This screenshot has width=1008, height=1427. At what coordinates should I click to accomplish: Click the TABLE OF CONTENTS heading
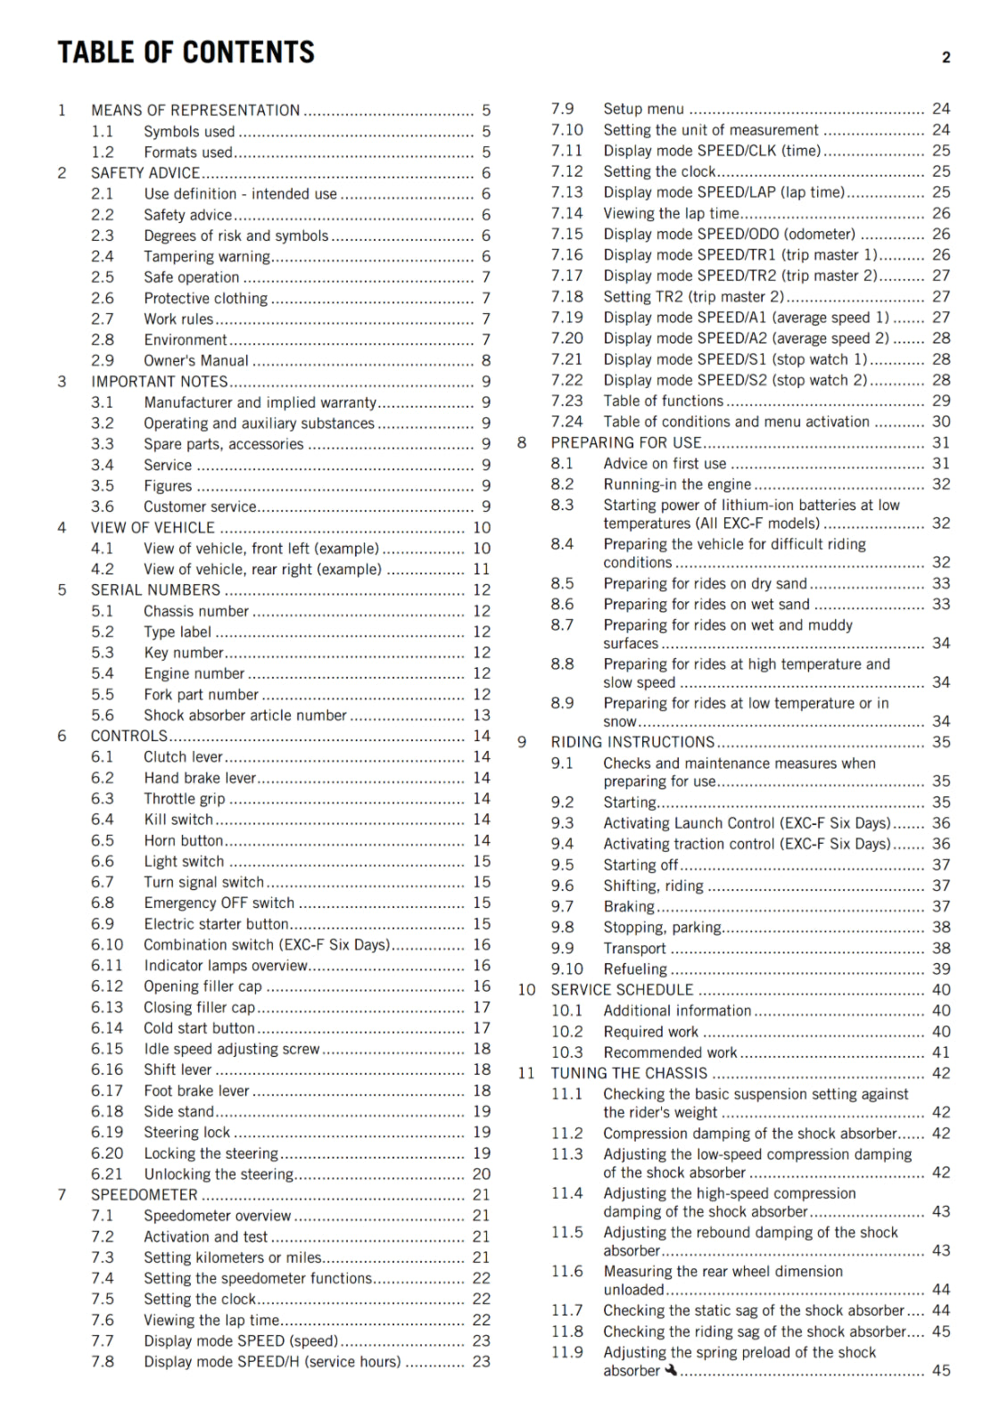[186, 53]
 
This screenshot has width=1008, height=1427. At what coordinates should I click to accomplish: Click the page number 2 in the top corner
[946, 58]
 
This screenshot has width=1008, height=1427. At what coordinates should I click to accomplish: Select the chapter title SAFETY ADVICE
[145, 173]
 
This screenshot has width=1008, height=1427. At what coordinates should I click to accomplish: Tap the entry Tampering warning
[207, 257]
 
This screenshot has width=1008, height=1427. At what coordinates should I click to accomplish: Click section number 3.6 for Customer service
[103, 507]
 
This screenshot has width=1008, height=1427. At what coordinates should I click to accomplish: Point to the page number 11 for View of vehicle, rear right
[482, 569]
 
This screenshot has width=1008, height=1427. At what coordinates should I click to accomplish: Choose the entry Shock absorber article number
[245, 715]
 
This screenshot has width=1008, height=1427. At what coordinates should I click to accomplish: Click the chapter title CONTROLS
[129, 736]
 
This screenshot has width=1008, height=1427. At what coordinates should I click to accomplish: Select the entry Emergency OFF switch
[219, 903]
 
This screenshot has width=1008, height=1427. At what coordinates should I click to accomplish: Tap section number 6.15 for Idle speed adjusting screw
[107, 1049]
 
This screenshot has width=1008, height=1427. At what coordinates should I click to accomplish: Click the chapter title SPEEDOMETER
[145, 1194]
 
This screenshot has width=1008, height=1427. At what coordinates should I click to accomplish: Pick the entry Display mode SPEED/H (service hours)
[272, 1362]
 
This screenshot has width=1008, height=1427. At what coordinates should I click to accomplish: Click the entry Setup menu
[643, 109]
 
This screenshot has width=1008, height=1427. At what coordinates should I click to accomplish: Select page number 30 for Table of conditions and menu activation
[941, 422]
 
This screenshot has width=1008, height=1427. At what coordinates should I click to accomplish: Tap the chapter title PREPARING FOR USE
[626, 442]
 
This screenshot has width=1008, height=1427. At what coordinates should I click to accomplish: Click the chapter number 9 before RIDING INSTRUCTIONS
[522, 742]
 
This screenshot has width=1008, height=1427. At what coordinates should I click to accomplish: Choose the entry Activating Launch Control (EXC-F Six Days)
[747, 823]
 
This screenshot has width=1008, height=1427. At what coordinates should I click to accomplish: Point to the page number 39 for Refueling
[941, 969]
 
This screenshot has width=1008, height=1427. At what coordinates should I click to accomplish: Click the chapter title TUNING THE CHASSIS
[629, 1073]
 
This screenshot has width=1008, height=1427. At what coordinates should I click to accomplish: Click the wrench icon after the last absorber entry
[671, 1370]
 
